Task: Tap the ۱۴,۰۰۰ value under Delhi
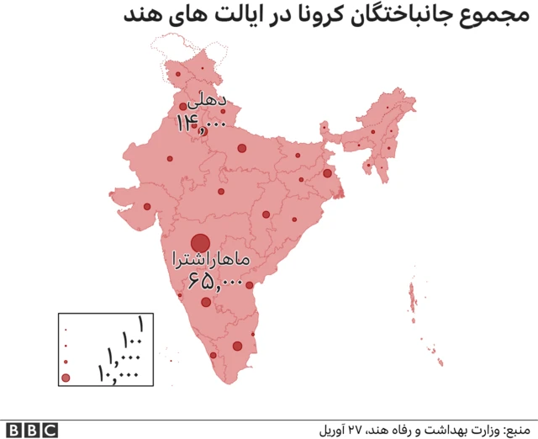(x=202, y=123)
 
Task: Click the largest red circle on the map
(x=200, y=243)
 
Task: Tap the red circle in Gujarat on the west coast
(x=147, y=206)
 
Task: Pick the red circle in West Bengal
(x=327, y=173)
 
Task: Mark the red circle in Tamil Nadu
(x=237, y=346)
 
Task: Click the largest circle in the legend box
(x=66, y=377)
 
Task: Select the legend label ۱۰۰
(x=132, y=341)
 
